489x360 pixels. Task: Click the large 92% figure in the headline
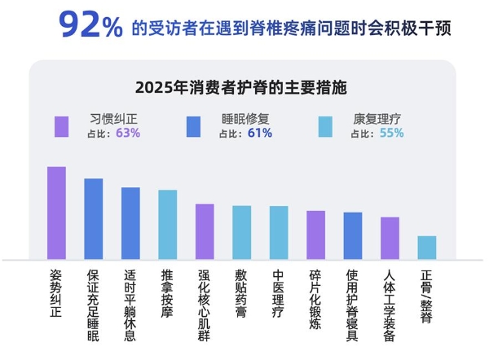[90, 27]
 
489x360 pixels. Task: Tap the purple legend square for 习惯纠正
[61, 126]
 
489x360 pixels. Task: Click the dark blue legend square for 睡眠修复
[193, 126]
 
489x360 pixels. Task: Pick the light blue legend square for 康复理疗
[325, 126]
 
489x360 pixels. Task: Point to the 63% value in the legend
[128, 133]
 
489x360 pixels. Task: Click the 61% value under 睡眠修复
[259, 133]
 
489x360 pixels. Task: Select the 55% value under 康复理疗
[391, 133]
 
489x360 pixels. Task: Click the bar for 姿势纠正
[56, 213]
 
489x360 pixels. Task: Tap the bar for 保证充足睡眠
[94, 219]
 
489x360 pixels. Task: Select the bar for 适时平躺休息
[130, 224]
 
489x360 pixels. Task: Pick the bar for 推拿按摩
[168, 225]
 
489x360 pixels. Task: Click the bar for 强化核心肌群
[205, 232]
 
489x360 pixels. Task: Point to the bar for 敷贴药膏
[241, 233]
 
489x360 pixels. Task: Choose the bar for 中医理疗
[279, 233]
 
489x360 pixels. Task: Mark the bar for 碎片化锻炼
[315, 235]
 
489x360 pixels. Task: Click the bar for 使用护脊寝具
[353, 236]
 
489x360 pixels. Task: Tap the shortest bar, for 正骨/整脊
[427, 248]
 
